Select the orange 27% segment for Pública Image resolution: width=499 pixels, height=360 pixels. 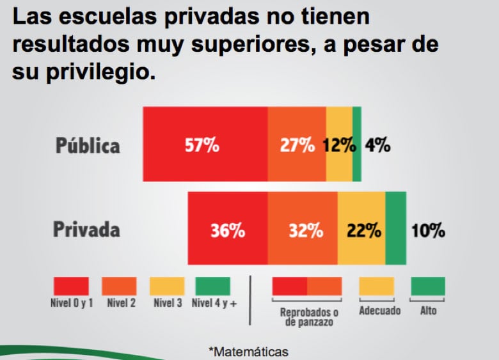click(x=297, y=145)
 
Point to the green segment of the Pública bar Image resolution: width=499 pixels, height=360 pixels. click(x=357, y=145)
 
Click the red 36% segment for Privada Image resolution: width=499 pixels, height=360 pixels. click(x=227, y=228)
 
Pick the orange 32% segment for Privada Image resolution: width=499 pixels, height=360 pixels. click(x=303, y=228)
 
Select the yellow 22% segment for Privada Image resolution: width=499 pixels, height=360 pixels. click(x=361, y=228)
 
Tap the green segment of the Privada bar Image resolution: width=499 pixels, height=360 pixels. click(x=395, y=228)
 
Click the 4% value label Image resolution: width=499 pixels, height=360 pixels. click(x=377, y=145)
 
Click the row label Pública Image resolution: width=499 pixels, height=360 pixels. click(x=88, y=145)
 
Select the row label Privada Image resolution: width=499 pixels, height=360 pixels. click(x=86, y=230)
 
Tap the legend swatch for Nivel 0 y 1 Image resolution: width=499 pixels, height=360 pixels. click(x=71, y=286)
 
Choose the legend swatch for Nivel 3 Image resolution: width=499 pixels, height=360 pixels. click(x=167, y=286)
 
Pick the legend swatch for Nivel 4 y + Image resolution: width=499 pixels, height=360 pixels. click(x=213, y=286)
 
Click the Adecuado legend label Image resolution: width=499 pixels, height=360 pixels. click(x=379, y=311)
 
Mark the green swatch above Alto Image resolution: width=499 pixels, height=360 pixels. click(x=427, y=286)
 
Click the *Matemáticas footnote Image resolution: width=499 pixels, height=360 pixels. click(x=248, y=352)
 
